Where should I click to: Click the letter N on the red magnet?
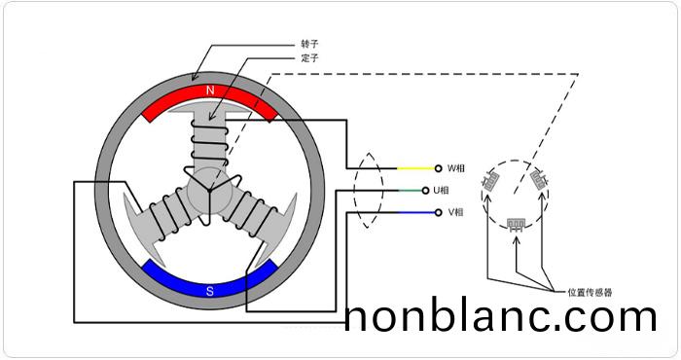click(x=209, y=90)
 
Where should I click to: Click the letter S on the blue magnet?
click(x=210, y=289)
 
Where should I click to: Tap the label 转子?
click(x=310, y=44)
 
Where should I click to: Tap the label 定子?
click(x=310, y=58)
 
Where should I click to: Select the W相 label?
click(x=456, y=168)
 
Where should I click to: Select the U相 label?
click(x=456, y=190)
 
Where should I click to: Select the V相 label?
click(x=456, y=211)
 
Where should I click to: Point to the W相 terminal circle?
click(x=439, y=168)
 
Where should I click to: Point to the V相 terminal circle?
click(x=439, y=211)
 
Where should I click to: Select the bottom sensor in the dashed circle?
click(x=517, y=223)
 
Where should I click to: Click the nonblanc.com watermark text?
click(x=501, y=318)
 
